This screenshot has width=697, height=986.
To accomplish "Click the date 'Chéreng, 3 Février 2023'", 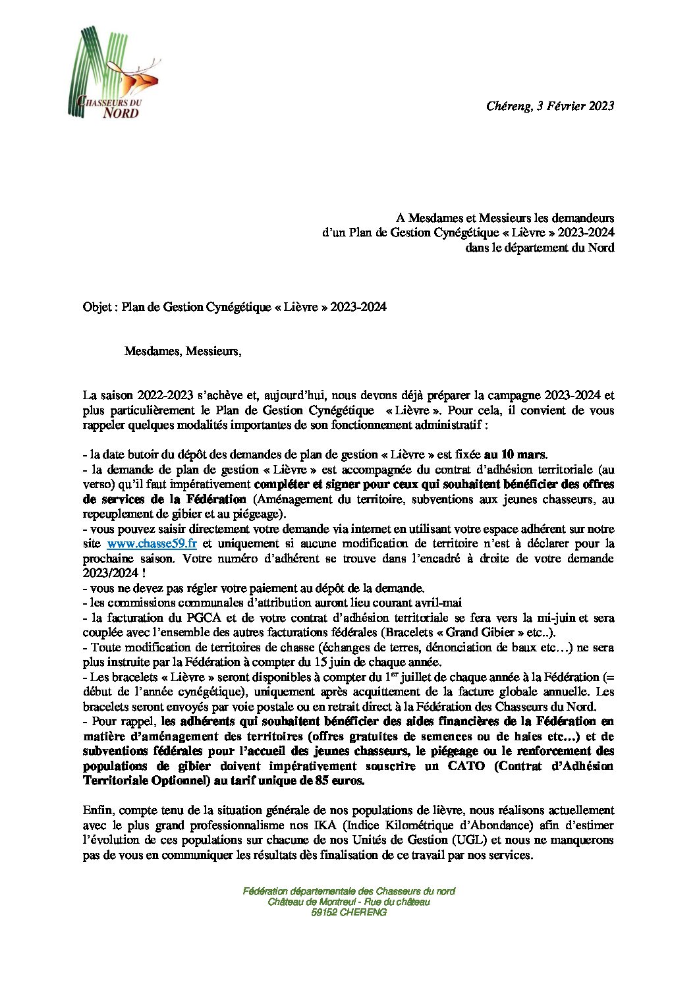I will [x=550, y=105].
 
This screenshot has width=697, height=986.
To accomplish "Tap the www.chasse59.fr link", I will [x=152, y=544].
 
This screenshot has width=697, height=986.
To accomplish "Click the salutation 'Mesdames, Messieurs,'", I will [x=182, y=352].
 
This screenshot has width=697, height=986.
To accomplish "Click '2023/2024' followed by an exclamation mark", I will [x=107, y=572].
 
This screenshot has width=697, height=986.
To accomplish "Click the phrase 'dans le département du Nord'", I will [x=540, y=248].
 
